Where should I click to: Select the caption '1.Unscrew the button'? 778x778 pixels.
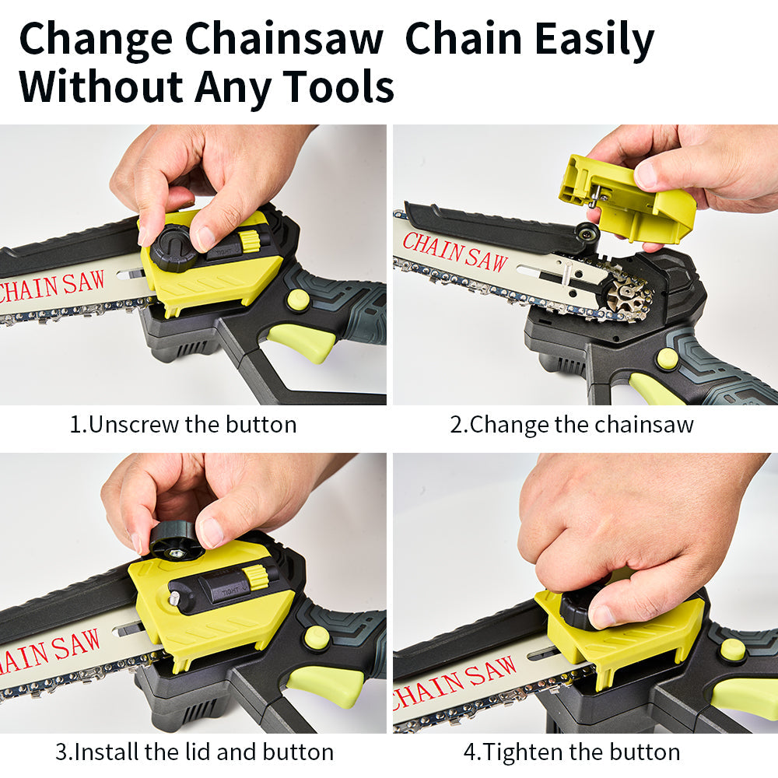[183, 425]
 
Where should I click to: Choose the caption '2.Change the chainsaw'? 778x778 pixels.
[572, 425]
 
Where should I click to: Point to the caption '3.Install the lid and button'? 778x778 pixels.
[194, 752]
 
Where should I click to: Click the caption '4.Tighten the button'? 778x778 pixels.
[572, 752]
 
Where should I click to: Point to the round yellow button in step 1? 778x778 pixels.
[298, 300]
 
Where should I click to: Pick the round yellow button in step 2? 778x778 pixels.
[666, 359]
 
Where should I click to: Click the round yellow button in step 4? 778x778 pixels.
[733, 649]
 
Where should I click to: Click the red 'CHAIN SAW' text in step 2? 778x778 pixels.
[455, 251]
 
